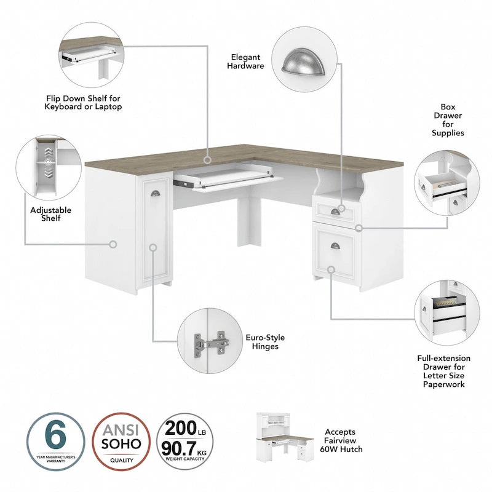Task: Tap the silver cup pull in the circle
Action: click(303, 61)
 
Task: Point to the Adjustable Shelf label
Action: click(50, 214)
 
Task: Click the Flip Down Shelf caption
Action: click(84, 102)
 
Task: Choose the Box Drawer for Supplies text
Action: click(447, 119)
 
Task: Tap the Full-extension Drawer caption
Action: click(443, 371)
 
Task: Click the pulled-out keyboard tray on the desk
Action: click(228, 180)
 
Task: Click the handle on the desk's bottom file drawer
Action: click(335, 246)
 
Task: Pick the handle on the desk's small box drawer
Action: click(335, 213)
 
